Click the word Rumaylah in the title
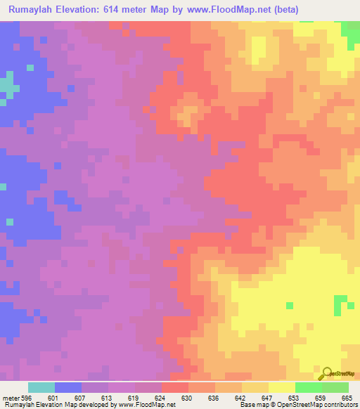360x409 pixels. (x=35, y=10)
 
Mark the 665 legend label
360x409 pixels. (x=347, y=398)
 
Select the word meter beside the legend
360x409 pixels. (x=11, y=398)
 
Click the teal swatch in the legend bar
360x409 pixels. (x=41, y=387)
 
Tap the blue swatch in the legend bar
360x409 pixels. (x=68, y=387)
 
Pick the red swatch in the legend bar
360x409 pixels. (x=174, y=387)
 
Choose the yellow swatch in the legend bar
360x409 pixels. (x=281, y=387)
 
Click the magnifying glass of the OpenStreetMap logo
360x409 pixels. (x=326, y=373)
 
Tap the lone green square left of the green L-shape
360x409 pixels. (x=290, y=305)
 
